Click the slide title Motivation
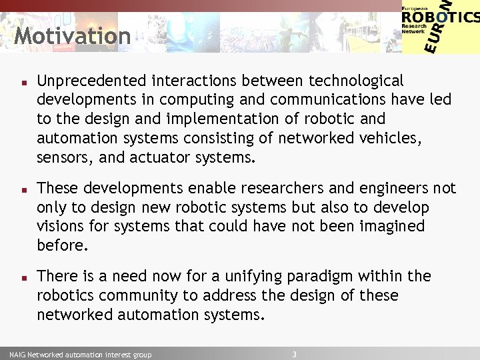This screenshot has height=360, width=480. [x=72, y=35]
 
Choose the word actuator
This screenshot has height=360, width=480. [x=159, y=157]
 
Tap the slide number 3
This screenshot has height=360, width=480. [x=294, y=354]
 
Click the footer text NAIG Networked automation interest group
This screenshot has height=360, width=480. [x=80, y=355]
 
